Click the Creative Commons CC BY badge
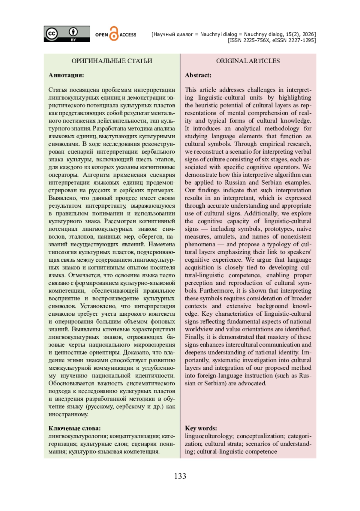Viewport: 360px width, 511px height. (67, 34)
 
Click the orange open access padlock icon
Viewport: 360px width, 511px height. (114, 34)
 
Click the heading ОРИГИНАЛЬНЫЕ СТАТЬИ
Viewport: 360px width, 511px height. (112, 61)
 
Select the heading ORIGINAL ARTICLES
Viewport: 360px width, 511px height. (248, 61)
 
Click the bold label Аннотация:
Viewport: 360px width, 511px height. (66, 75)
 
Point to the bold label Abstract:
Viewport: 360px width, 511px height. (198, 75)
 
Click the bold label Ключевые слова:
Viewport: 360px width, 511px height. (74, 428)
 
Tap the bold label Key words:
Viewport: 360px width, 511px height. (201, 428)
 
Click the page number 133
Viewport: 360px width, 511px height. (180, 476)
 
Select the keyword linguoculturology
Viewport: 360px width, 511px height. (210, 436)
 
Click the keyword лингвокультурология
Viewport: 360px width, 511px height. (78, 436)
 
